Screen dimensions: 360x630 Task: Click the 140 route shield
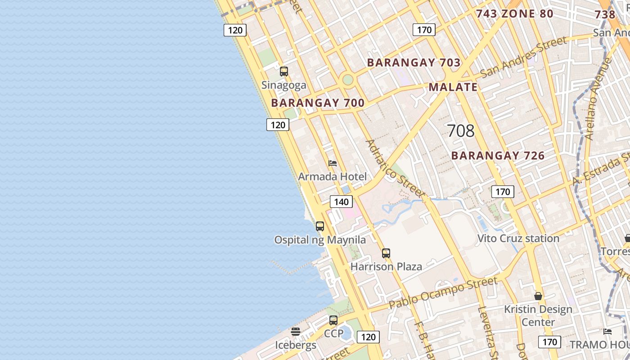341,202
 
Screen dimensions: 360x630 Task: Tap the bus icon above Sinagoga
284,71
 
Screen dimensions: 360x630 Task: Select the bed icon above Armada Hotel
333,163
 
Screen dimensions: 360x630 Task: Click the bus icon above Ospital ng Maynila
320,226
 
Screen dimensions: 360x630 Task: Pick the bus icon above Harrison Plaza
386,253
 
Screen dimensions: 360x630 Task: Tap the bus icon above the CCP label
333,320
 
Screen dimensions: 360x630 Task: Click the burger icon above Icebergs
296,332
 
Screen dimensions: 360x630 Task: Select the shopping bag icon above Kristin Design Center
538,296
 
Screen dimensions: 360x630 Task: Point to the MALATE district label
453,87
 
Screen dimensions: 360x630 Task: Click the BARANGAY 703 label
414,63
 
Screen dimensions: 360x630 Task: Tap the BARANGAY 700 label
318,103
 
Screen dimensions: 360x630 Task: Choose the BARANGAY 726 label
498,156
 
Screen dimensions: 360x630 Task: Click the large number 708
461,131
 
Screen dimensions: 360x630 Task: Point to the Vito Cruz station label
518,238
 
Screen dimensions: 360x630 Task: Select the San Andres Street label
524,57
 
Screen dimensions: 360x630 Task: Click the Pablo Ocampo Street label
443,292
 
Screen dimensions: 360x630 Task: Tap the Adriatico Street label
395,168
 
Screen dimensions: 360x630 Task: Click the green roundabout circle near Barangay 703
348,80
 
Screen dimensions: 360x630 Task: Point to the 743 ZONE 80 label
514,14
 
